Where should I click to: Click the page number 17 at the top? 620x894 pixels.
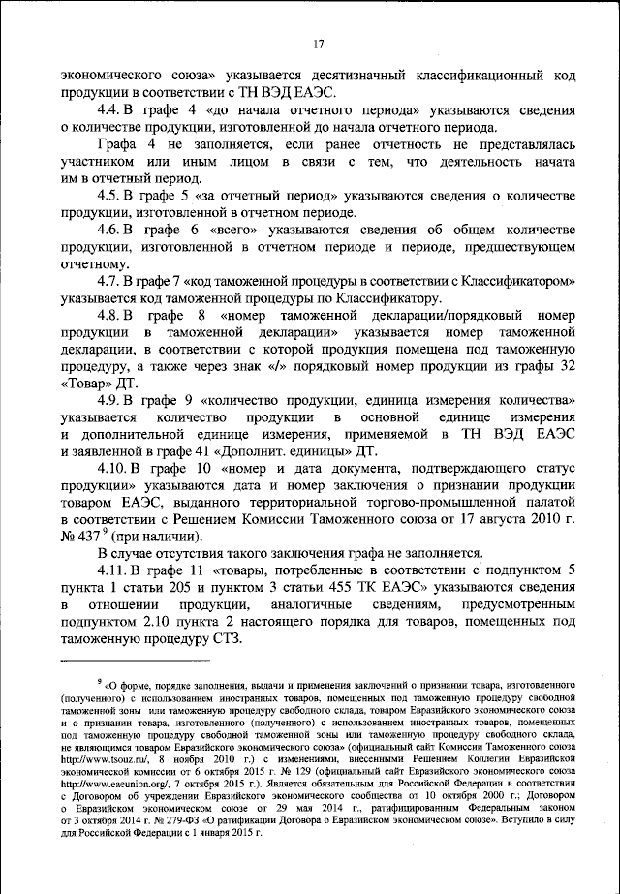coord(318,42)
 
